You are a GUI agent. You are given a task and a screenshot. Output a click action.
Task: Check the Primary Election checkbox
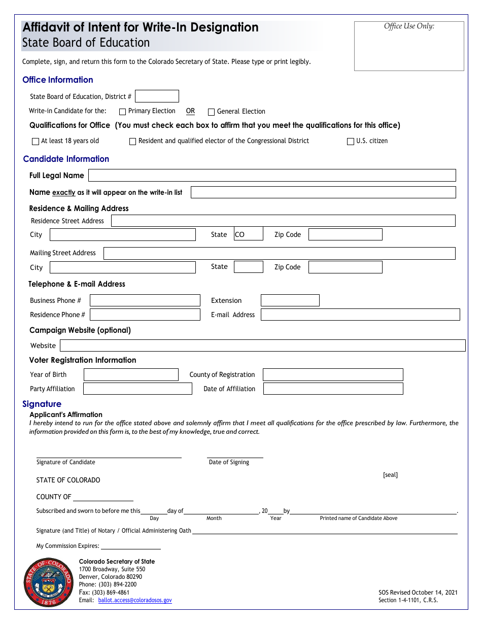point(122,112)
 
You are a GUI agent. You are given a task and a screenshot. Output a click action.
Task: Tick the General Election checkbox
point(212,112)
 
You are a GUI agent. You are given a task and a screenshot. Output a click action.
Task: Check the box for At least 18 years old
point(36,142)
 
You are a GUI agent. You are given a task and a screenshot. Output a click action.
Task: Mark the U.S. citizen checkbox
point(350,142)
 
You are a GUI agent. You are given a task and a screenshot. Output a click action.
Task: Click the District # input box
point(157,96)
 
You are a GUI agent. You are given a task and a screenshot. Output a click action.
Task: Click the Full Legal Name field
point(272,176)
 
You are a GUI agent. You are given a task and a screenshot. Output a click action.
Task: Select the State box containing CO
point(248,234)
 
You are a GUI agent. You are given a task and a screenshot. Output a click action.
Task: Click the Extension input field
point(290,300)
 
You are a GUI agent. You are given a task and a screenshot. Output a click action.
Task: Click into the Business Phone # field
point(145,300)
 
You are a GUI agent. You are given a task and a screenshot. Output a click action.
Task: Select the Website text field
point(262,345)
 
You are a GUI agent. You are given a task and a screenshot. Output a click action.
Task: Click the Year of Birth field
point(131,375)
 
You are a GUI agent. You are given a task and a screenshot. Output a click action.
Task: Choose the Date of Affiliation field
point(333,389)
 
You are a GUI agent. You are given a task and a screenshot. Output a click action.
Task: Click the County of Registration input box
point(333,375)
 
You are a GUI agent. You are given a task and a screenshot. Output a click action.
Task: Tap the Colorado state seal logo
point(49,582)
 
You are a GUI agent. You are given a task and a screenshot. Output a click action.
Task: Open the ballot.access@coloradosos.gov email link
point(135,600)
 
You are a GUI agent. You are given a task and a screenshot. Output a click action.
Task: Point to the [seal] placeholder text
point(390,475)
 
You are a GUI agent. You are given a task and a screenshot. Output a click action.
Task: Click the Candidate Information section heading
point(66,159)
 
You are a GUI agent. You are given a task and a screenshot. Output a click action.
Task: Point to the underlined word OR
point(190,111)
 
